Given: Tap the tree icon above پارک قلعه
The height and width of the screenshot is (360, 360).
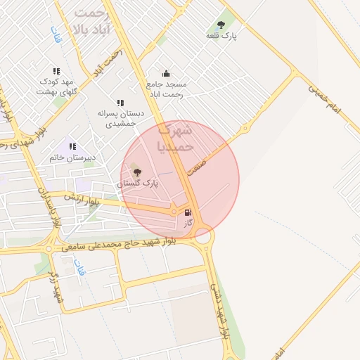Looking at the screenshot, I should tap(221, 24).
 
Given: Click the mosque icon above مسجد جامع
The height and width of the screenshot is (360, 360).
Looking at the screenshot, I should tap(166, 73).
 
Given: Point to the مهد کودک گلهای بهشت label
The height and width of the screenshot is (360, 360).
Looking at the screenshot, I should tap(56, 86).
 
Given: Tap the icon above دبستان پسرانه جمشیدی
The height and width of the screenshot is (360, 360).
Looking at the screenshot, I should tap(120, 103).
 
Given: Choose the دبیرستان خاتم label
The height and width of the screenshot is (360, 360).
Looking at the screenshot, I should tap(72, 157).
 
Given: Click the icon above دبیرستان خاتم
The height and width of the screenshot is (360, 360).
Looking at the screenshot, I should tap(72, 146).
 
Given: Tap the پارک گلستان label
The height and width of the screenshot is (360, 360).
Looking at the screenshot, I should tap(137, 183).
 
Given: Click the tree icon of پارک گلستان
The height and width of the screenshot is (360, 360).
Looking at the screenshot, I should tap(136, 172).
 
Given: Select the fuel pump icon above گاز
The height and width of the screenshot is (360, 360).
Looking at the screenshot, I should tap(188, 212).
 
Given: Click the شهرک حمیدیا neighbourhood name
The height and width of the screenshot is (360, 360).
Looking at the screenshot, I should tap(174, 139).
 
